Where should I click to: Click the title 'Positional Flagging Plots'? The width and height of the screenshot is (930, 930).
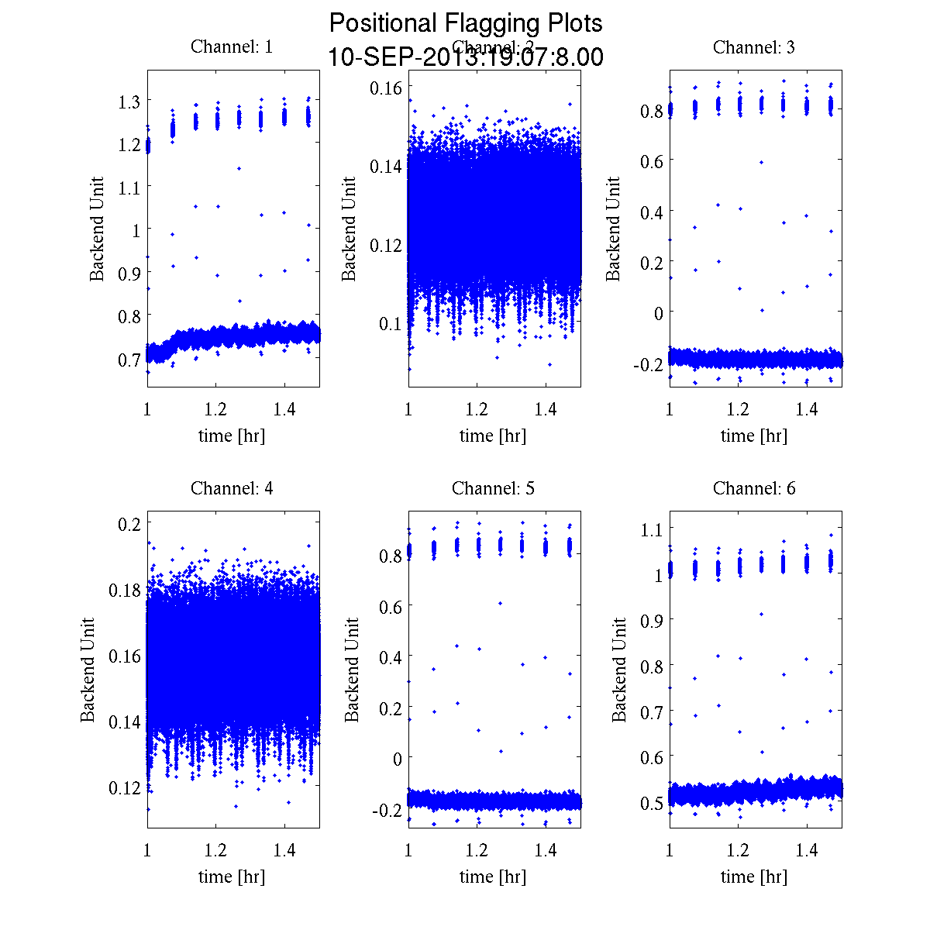click(x=465, y=23)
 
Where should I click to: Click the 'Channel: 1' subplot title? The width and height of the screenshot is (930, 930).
click(x=232, y=47)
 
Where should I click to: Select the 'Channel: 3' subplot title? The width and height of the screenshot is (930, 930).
click(x=754, y=47)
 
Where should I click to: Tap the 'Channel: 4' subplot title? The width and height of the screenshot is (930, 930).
click(x=232, y=488)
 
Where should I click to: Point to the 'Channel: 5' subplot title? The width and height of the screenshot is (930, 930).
click(x=493, y=488)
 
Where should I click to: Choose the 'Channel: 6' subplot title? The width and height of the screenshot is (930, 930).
click(x=754, y=488)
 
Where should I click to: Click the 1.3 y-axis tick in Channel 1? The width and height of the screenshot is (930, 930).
click(x=129, y=102)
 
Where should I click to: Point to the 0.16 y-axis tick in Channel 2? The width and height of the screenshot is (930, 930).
click(x=385, y=87)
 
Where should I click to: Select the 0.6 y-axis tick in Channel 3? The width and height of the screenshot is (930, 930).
click(x=651, y=160)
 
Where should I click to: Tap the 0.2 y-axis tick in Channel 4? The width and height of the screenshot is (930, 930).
click(x=129, y=523)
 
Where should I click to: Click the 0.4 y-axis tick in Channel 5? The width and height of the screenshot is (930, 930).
click(x=390, y=657)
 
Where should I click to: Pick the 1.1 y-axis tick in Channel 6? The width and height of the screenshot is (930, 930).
click(x=651, y=529)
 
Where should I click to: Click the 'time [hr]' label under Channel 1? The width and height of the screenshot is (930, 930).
click(x=232, y=436)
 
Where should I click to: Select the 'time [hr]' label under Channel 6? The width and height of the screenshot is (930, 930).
click(x=754, y=877)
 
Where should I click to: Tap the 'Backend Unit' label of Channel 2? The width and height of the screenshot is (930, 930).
click(x=349, y=229)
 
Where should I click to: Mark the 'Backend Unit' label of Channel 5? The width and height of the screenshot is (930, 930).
click(x=353, y=670)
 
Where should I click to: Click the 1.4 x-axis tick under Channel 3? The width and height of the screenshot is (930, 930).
click(x=807, y=409)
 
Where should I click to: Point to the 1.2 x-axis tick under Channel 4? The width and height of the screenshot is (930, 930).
click(x=216, y=850)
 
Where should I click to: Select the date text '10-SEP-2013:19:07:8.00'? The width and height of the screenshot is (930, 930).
click(x=465, y=57)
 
